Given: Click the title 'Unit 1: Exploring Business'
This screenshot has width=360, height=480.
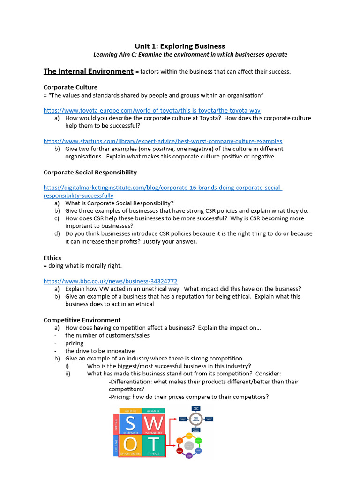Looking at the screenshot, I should point(180,46).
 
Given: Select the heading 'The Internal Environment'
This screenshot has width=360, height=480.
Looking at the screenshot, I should point(89,71).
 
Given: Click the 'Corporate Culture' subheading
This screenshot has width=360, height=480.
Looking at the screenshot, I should point(71,87).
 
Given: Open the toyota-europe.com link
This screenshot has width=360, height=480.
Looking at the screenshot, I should point(152,110).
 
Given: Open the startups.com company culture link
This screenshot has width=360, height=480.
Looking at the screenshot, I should point(163,141).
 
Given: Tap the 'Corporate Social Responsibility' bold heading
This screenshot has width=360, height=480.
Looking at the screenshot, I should point(90,172).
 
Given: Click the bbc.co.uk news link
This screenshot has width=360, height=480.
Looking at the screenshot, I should point(110,281).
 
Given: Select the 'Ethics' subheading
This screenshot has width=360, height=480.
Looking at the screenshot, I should point(52,258).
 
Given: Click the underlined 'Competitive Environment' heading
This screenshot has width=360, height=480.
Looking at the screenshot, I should point(82,320).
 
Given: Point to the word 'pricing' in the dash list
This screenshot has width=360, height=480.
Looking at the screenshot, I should point(75,343).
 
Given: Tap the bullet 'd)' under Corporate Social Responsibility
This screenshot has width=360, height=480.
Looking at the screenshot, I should point(57,233).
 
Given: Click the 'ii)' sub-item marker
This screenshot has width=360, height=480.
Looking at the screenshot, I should point(68,374).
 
